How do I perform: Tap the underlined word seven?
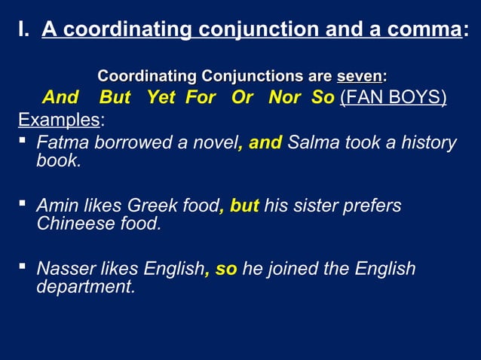pos(359,76)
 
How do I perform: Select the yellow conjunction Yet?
pos(160,98)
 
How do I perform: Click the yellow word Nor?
pos(286,98)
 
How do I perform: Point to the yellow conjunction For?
pos(200,98)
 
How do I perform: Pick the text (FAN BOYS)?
pos(394,98)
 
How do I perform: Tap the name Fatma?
pos(63,142)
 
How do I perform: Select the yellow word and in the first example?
pos(265,142)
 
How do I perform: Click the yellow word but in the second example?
pos(244,206)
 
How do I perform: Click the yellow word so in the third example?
pos(226,269)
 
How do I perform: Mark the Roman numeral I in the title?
pos(22,30)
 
